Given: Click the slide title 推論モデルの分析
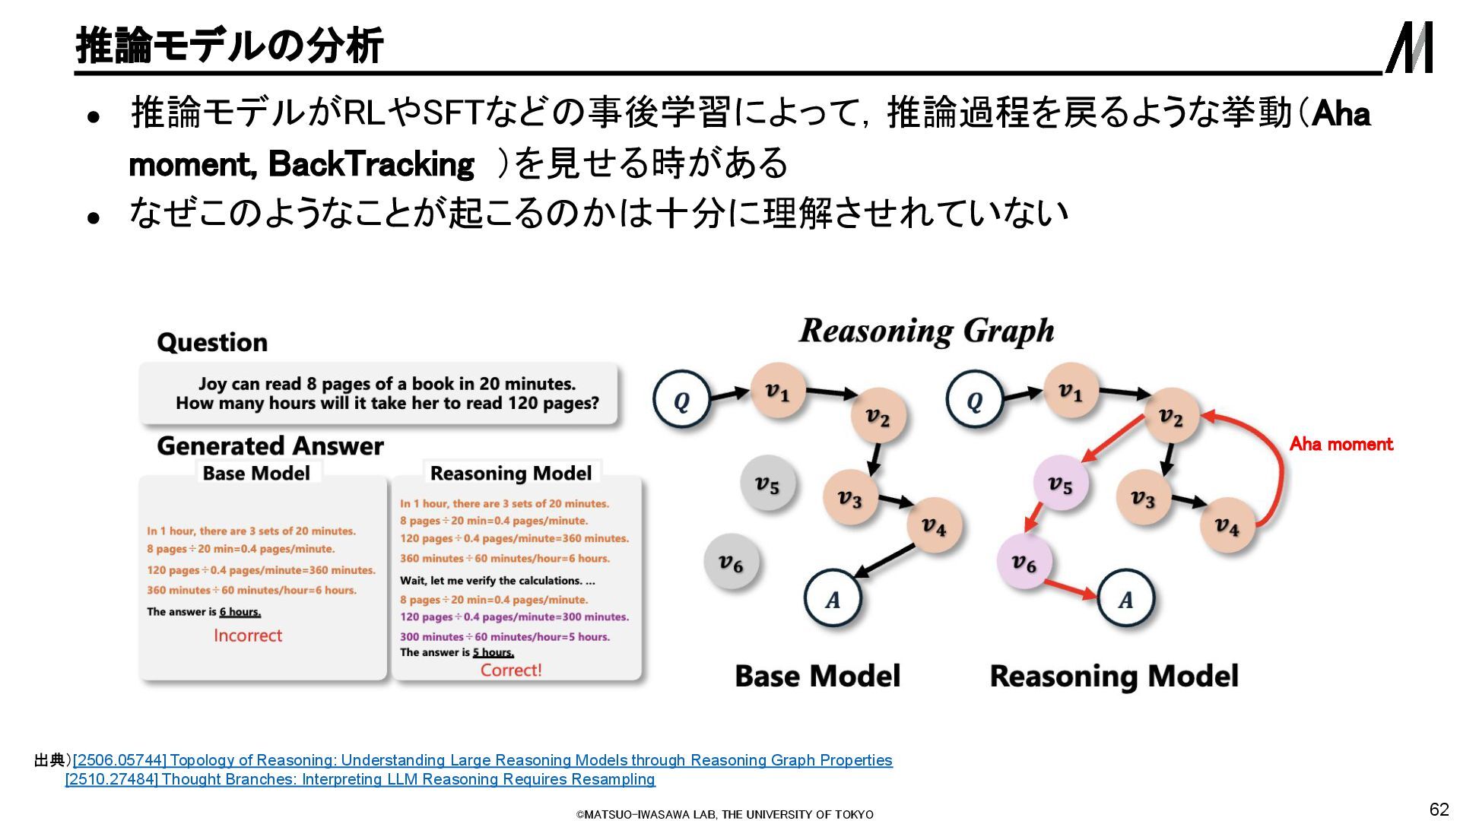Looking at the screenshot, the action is (229, 46).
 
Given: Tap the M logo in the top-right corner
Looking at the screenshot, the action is (1410, 47).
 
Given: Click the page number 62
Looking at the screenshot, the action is (1439, 809).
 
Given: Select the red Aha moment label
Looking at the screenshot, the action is (1341, 444).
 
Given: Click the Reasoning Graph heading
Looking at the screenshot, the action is (926, 331).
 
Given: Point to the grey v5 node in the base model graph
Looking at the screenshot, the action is (767, 483).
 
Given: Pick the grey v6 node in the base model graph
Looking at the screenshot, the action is (731, 563).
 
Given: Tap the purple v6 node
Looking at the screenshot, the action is (1024, 563).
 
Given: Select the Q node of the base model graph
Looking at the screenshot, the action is (681, 401).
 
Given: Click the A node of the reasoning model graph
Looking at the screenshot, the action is (1125, 599).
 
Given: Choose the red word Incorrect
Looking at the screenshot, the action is (248, 636).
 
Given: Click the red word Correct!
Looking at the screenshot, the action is (511, 670).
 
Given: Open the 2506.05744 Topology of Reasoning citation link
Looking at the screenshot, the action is (483, 760).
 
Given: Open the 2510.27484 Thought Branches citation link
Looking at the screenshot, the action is (360, 779).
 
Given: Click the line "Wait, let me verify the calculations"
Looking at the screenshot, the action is (497, 581).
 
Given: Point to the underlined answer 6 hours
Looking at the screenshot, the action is (240, 612).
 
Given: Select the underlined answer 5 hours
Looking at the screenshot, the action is (493, 652).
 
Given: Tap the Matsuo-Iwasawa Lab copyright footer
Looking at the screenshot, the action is (725, 814).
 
